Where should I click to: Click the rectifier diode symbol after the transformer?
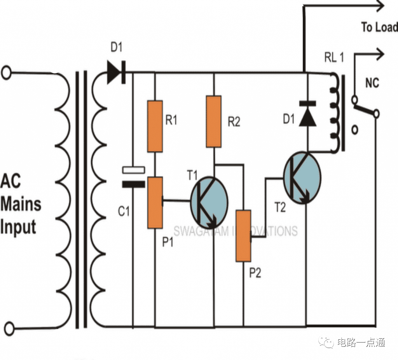click(x=116, y=72)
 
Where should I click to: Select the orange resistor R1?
click(x=155, y=126)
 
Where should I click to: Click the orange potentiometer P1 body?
click(x=155, y=202)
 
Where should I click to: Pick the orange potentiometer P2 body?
click(x=243, y=235)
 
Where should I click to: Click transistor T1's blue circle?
click(x=209, y=202)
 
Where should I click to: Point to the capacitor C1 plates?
click(x=133, y=177)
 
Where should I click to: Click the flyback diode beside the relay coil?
click(x=307, y=113)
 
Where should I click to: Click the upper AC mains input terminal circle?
click(x=6, y=73)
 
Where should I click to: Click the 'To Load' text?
click(x=379, y=27)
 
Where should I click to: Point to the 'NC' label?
click(x=372, y=83)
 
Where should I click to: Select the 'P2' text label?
click(x=255, y=273)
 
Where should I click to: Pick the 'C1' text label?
click(x=124, y=212)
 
